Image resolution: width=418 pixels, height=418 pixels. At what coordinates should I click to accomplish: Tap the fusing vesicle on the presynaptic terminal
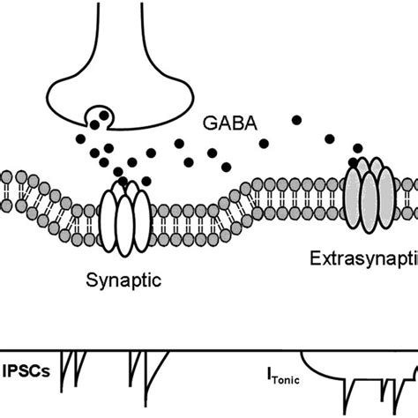(x=98, y=116)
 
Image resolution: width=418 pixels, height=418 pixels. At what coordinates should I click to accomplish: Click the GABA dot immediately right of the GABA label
(x=295, y=118)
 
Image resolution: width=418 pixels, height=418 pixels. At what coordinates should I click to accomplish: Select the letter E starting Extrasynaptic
(x=315, y=259)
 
